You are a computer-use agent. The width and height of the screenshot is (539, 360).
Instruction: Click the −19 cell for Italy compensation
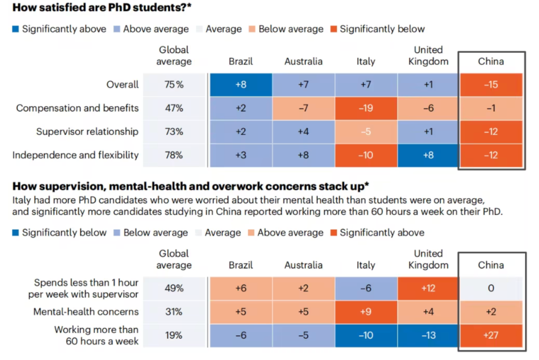coord(366,108)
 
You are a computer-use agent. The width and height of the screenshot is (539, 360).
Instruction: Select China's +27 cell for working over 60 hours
coord(491,335)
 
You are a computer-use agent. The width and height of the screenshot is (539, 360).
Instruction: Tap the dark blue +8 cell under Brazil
coord(241,85)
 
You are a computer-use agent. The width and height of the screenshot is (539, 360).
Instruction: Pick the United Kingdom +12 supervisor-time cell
coord(428,288)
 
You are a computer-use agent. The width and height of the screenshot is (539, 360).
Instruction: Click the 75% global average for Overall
coord(174,85)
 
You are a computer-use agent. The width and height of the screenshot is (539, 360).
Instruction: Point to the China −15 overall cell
coord(491,85)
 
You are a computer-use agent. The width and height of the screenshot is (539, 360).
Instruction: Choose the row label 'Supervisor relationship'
coord(87,131)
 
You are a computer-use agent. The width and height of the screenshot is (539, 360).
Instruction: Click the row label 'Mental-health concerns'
coord(86,312)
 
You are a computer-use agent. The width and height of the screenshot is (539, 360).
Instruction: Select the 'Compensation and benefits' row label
coord(77,108)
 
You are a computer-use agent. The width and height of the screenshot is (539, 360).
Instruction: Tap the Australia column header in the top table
coord(303,61)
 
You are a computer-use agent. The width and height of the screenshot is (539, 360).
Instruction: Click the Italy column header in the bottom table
coord(366,265)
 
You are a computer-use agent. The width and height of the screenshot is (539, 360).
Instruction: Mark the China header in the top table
coord(491,61)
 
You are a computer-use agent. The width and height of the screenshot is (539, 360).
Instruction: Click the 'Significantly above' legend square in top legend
coord(16,29)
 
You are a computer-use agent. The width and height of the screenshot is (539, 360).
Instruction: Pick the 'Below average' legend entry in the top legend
coord(285,29)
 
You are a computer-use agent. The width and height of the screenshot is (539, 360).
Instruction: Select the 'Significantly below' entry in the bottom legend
coord(59,232)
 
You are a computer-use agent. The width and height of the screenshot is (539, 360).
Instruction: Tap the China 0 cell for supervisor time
coord(491,288)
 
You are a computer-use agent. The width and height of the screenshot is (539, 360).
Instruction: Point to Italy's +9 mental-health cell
coord(366,312)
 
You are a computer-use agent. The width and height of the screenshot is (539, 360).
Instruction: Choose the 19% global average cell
coord(174,335)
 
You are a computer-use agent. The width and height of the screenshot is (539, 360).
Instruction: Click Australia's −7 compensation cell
coord(303,108)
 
